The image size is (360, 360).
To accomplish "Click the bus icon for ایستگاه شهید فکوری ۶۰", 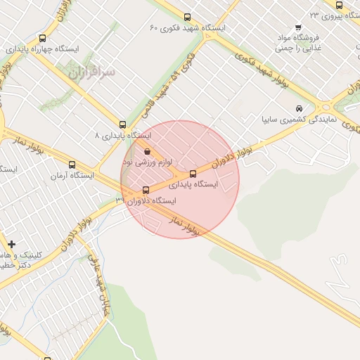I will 186,18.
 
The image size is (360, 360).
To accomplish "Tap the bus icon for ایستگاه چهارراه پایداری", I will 43,39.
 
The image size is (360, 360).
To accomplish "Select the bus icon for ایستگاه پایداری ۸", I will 123,124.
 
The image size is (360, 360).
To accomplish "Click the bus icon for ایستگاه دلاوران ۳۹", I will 146,190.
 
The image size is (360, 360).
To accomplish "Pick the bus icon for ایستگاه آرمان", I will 72,165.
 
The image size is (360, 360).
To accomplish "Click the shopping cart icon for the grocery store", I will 299,27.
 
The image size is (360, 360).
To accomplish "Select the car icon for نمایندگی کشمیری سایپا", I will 300,109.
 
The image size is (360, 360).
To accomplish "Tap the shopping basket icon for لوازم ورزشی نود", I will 147,151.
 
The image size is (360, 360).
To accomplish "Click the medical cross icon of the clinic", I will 11,243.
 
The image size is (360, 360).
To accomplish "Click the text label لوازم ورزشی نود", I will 152,162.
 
